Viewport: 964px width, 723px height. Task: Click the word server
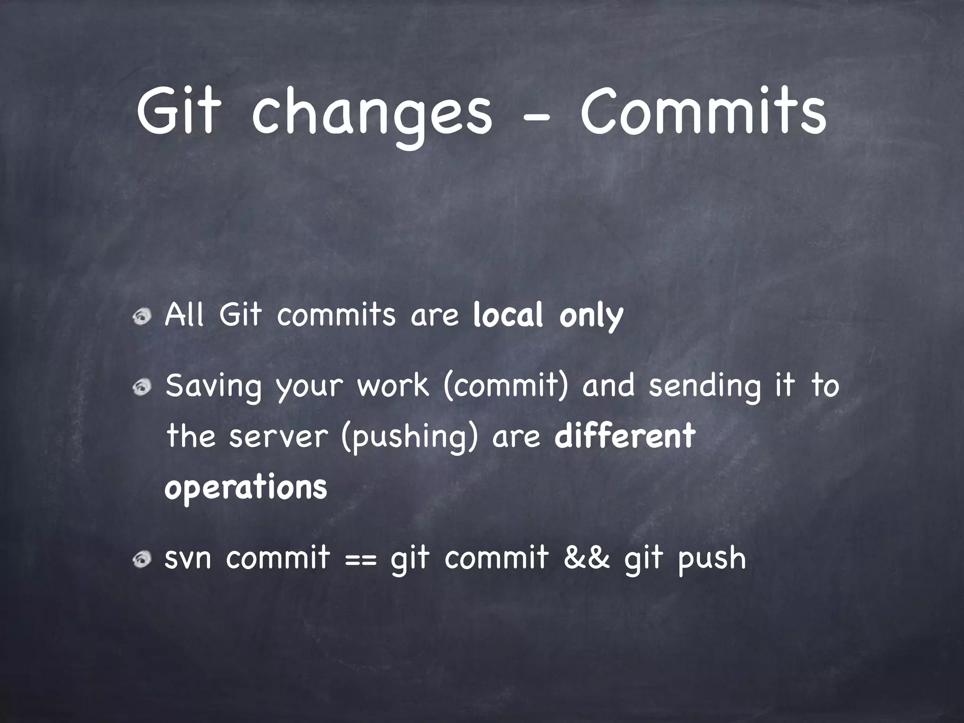pos(278,437)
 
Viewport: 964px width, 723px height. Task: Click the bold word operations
pos(245,489)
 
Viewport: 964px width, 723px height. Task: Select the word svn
pos(187,559)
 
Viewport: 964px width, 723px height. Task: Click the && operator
pos(586,558)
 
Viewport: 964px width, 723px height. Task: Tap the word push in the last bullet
pos(712,560)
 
